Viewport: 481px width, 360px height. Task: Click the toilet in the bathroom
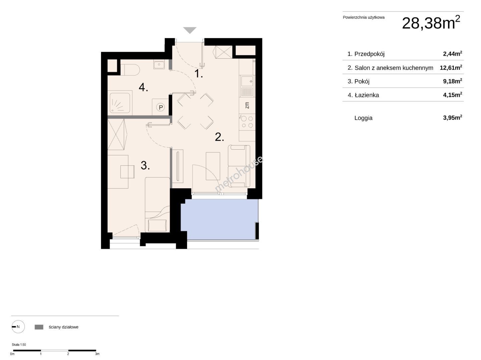130,70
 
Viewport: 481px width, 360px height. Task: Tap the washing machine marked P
160,107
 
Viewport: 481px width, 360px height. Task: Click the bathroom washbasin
159,64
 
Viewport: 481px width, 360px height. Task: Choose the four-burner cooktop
247,122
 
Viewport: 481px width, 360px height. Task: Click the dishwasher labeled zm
247,105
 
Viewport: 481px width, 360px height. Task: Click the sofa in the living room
239,166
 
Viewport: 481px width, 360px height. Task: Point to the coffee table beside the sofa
213,166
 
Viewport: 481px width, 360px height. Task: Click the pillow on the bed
157,225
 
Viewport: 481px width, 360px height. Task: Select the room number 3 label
145,165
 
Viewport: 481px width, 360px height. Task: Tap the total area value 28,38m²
431,23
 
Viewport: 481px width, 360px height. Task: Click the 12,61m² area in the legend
451,67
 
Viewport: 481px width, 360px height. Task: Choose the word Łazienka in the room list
367,95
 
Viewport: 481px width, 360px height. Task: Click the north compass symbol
18,327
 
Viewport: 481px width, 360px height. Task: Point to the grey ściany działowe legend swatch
39,327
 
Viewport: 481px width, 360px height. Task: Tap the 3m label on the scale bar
97,354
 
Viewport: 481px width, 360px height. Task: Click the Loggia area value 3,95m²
453,118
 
